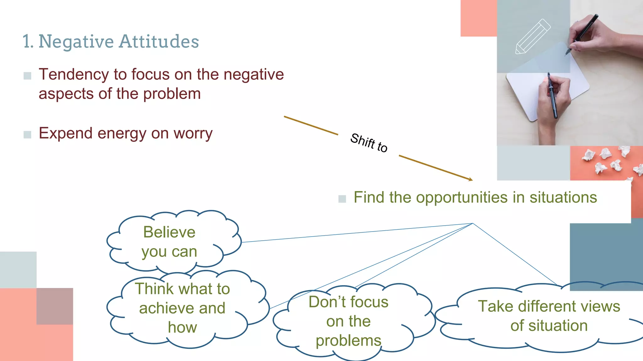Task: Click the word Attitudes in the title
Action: tap(159, 42)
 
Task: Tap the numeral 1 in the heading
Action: tap(27, 42)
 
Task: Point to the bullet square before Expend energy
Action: tap(27, 135)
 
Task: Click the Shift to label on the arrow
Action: tap(369, 143)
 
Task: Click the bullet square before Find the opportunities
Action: tap(342, 199)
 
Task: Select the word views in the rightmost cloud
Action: tap(602, 306)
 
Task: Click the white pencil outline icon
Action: tap(533, 37)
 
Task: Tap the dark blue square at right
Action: tap(606, 254)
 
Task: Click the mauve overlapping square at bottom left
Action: tap(55, 306)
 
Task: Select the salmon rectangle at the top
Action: tap(478, 18)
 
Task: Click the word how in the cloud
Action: tap(182, 328)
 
